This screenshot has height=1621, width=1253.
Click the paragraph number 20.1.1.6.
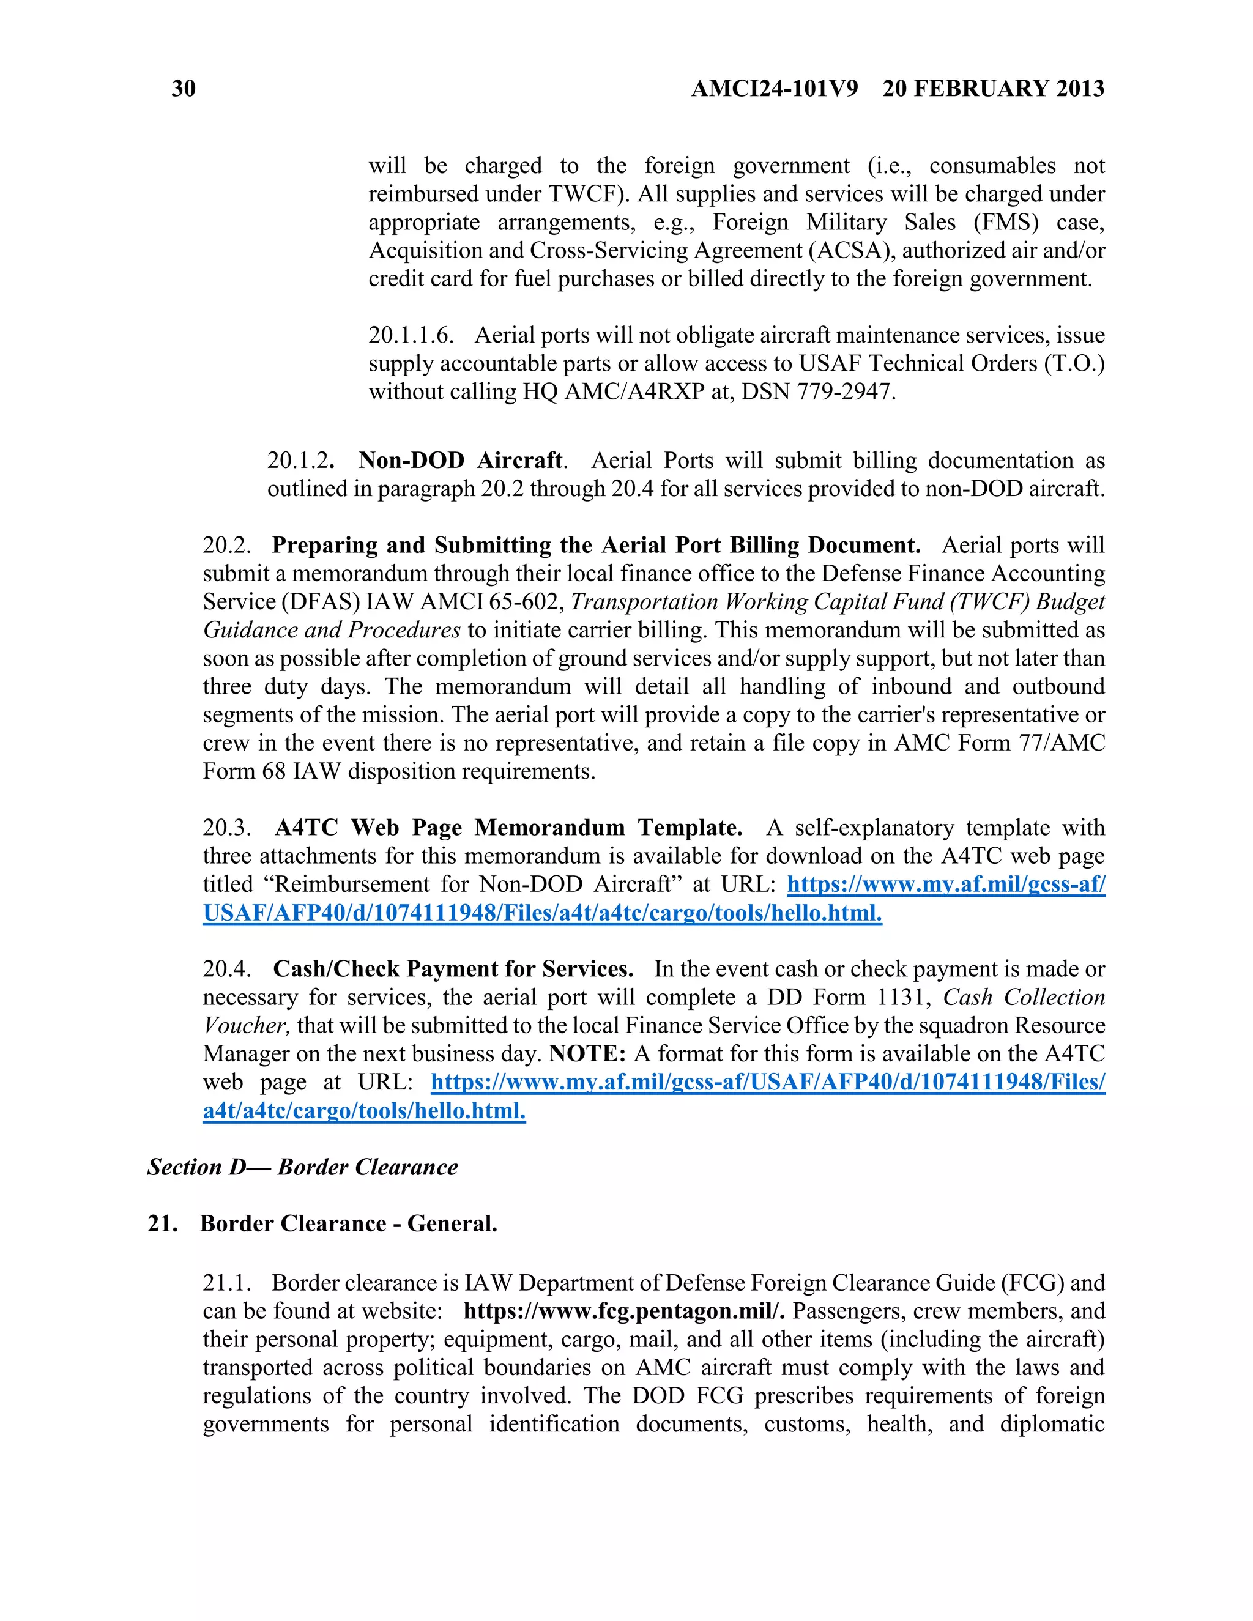tap(411, 335)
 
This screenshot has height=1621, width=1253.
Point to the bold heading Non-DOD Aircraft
tap(460, 460)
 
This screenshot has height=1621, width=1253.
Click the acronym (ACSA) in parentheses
tap(852, 251)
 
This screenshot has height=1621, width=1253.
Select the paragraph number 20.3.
tap(226, 828)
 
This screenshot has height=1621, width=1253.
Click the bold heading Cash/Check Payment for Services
tap(453, 968)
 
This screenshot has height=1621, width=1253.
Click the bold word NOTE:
tap(588, 1053)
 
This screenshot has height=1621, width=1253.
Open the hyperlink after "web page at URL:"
tap(768, 1081)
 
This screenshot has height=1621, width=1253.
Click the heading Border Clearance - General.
tap(348, 1223)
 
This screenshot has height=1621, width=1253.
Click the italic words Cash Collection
tap(1024, 997)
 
